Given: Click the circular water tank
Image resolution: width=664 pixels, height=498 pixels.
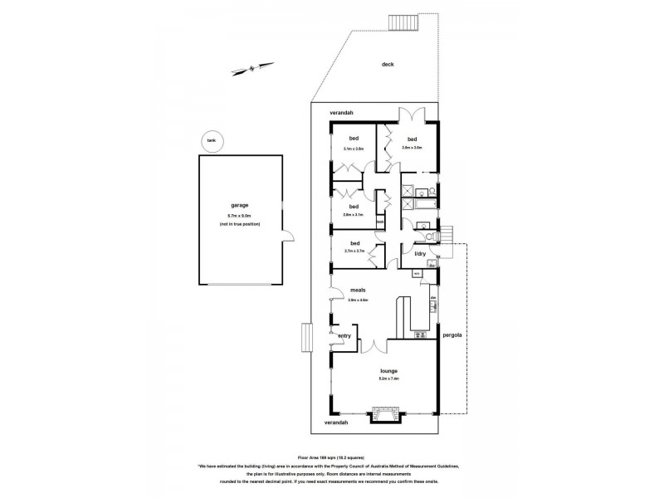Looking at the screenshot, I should pyautogui.click(x=212, y=141).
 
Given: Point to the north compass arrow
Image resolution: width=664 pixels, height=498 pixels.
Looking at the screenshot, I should pyautogui.click(x=250, y=68).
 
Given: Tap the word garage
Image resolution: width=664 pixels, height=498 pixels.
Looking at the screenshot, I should pyautogui.click(x=240, y=205).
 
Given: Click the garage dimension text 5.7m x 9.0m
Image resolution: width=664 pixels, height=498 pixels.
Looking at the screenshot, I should pyautogui.click(x=240, y=216).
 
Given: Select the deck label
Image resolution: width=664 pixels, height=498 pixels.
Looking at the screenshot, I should pyautogui.click(x=387, y=64).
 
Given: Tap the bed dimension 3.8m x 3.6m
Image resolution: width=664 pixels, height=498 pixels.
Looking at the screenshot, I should pyautogui.click(x=412, y=149).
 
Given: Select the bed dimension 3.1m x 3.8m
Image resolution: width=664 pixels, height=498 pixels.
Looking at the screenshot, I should pyautogui.click(x=354, y=149).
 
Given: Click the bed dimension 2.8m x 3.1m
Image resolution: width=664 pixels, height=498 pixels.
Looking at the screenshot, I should pyautogui.click(x=354, y=215).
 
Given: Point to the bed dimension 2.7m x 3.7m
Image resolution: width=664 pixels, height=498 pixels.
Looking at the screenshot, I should pyautogui.click(x=354, y=251).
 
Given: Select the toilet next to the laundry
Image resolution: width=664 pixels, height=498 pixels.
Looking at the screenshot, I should pyautogui.click(x=422, y=224).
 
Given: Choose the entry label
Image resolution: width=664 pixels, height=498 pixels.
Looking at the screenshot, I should pyautogui.click(x=344, y=335).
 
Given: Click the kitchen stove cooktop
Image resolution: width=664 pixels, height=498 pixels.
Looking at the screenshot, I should pyautogui.click(x=433, y=308).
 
